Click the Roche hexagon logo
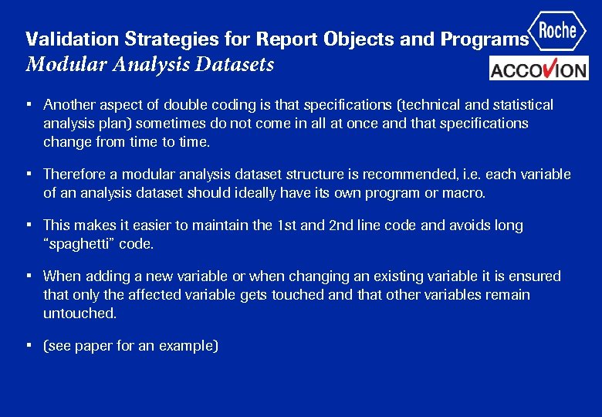pyautogui.click(x=557, y=31)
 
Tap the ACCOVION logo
pyautogui.click(x=539, y=69)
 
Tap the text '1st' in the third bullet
pyautogui.click(x=288, y=225)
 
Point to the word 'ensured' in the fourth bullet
pyautogui.click(x=535, y=276)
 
